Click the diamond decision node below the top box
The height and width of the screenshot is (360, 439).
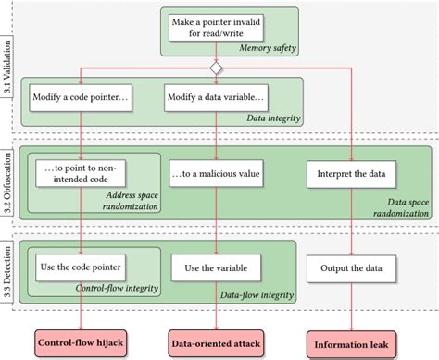(215, 68)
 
